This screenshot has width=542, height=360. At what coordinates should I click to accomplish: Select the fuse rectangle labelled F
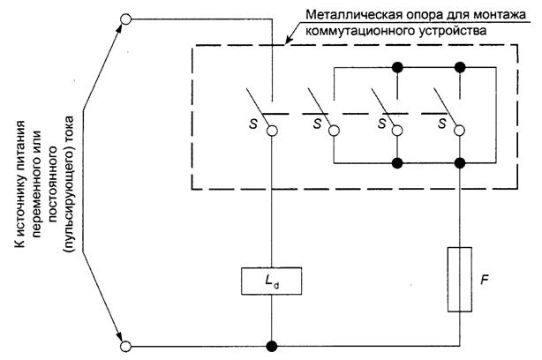pyautogui.click(x=460, y=280)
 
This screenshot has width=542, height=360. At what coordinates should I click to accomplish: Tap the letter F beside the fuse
pyautogui.click(x=484, y=280)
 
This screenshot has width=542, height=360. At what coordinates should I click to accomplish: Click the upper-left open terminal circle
pyautogui.click(x=126, y=18)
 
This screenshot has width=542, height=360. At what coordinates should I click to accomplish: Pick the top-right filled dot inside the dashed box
pyautogui.click(x=460, y=66)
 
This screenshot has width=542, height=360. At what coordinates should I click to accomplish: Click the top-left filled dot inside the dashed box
pyautogui.click(x=398, y=66)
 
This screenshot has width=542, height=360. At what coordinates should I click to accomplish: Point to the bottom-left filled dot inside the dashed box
pyautogui.click(x=398, y=163)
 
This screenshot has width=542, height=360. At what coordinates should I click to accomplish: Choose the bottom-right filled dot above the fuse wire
pyautogui.click(x=460, y=163)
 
